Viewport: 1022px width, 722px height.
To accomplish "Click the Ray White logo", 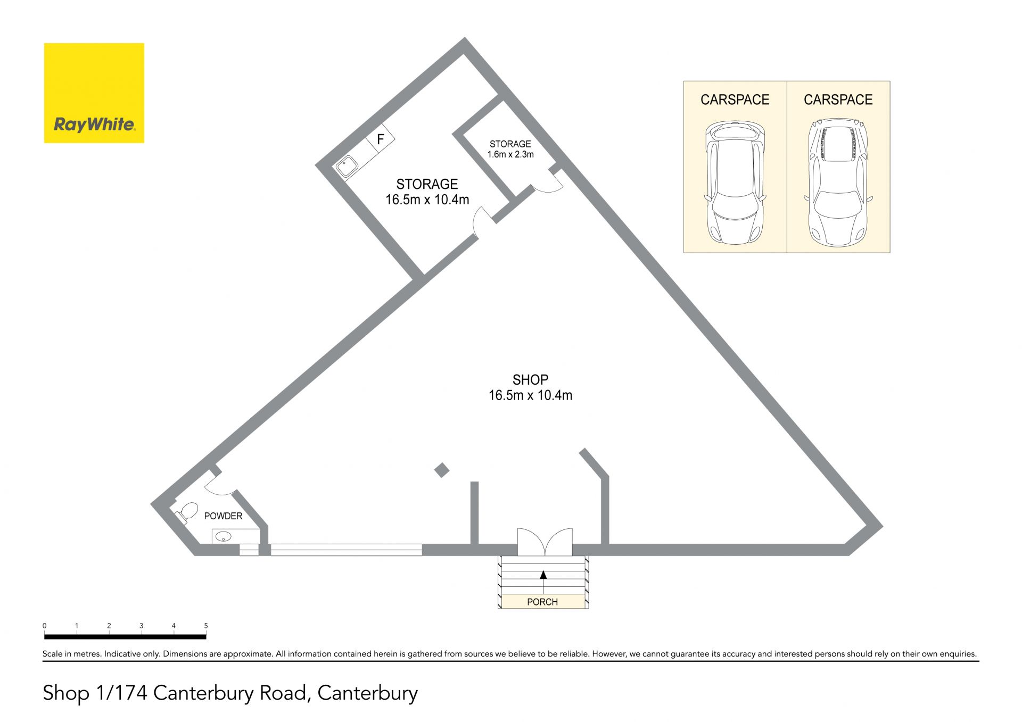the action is pyautogui.click(x=94, y=93).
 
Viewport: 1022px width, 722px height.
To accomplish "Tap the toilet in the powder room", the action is pyautogui.click(x=186, y=513).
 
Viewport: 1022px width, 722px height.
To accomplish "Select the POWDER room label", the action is pyautogui.click(x=223, y=516).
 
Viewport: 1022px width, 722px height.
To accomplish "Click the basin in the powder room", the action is pyautogui.click(x=224, y=536).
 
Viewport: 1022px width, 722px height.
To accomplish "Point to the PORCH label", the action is pyautogui.click(x=542, y=602).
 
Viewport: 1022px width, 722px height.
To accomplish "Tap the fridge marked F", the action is pyautogui.click(x=380, y=139).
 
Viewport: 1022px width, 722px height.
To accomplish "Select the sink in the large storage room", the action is pyautogui.click(x=347, y=165).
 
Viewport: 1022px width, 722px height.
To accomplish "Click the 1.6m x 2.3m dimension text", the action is pyautogui.click(x=510, y=154).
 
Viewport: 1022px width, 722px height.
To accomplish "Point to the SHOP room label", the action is pyautogui.click(x=530, y=380).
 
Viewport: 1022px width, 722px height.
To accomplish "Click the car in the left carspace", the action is pyautogui.click(x=735, y=182).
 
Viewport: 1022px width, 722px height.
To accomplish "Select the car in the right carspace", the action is pyautogui.click(x=838, y=182).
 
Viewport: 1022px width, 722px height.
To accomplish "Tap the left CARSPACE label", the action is pyautogui.click(x=735, y=99).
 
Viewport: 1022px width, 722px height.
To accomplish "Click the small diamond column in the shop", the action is pyautogui.click(x=442, y=470).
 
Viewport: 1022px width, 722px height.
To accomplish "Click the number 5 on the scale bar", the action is pyautogui.click(x=206, y=626).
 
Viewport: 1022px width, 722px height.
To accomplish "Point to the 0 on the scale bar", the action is pyautogui.click(x=45, y=626).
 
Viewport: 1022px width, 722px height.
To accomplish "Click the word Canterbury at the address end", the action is pyautogui.click(x=367, y=693).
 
